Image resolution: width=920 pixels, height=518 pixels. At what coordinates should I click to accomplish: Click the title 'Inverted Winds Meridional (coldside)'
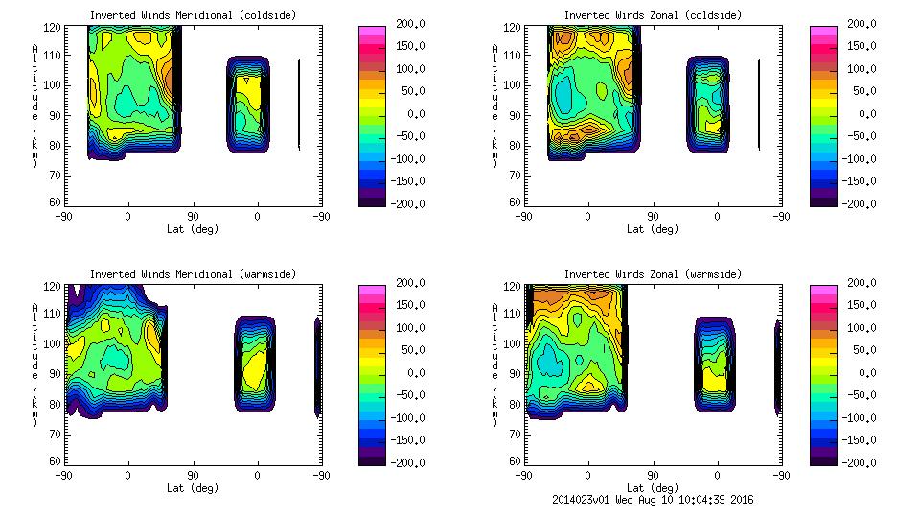point(193,15)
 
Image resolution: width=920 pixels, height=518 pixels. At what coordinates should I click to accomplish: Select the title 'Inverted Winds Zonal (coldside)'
point(653,15)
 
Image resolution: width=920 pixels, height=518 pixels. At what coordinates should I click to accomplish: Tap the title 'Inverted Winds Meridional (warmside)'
point(193,274)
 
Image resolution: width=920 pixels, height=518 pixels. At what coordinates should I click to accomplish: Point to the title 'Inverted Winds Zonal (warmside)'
point(653,274)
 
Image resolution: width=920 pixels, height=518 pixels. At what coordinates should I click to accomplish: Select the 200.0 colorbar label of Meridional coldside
point(404,23)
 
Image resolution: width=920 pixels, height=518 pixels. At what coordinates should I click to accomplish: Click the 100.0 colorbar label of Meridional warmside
point(404,327)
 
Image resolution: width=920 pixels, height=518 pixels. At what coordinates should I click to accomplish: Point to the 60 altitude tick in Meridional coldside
point(57,202)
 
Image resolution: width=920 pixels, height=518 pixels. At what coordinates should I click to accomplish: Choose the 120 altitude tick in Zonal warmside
point(514,287)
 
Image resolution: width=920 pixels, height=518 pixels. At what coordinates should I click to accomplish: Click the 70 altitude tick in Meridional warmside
point(57,434)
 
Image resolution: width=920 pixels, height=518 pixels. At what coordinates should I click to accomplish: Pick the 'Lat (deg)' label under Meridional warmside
point(193,488)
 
